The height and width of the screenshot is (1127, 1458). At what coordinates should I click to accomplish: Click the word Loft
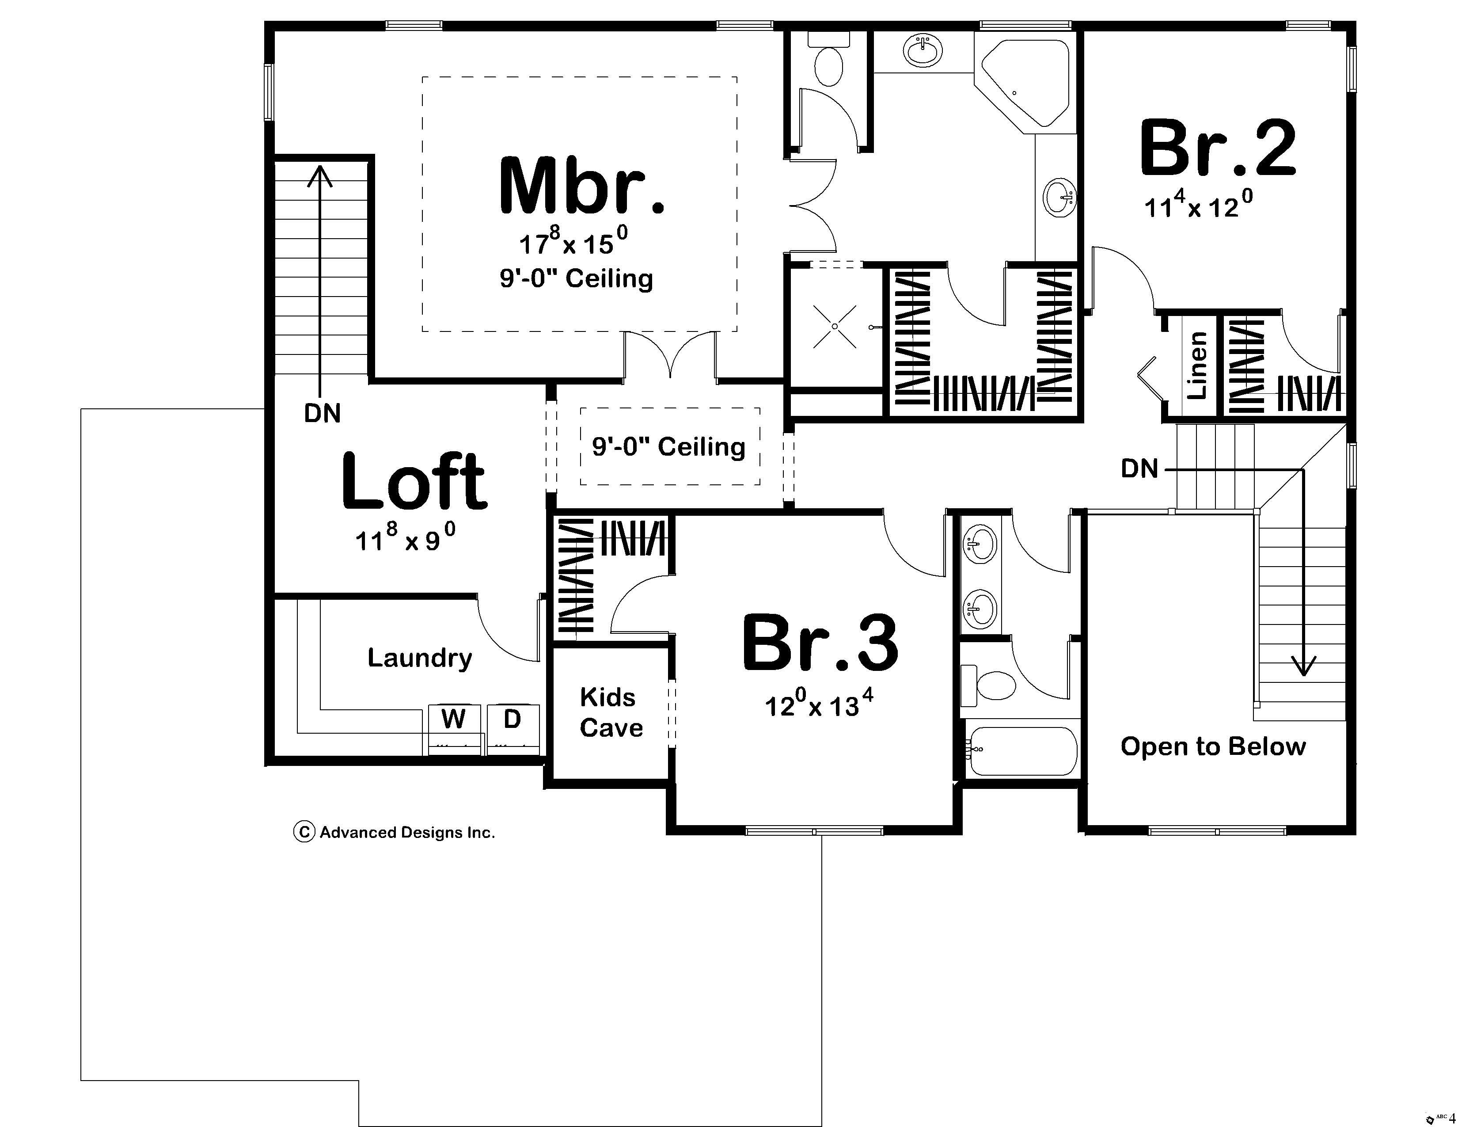(x=414, y=481)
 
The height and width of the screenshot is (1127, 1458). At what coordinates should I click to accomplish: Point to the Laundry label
(x=420, y=658)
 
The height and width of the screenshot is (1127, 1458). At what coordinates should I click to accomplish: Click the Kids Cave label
(x=610, y=712)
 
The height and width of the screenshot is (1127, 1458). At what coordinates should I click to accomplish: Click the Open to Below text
(x=1212, y=746)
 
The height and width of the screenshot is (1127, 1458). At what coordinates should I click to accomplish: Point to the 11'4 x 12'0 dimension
(x=1198, y=206)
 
